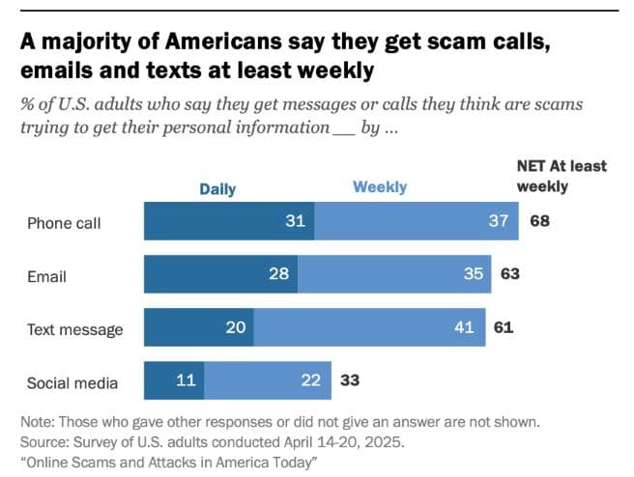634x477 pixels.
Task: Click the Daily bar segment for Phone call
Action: (229, 221)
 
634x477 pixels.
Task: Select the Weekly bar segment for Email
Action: (394, 274)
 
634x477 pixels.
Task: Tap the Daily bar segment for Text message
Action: (198, 327)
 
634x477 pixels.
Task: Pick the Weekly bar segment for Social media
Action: (267, 380)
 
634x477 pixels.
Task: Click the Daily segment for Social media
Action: (174, 380)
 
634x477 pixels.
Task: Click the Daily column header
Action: (217, 189)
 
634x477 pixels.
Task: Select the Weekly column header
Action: (380, 187)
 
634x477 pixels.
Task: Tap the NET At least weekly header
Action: (561, 176)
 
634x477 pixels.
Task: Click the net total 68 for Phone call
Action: (539, 221)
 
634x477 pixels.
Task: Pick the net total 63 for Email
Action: (510, 274)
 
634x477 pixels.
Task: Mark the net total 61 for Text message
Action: (504, 327)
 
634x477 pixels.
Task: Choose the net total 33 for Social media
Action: (349, 380)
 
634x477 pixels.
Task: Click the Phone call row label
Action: (64, 223)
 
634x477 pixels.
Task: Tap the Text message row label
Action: (74, 330)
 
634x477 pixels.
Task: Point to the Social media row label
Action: (72, 383)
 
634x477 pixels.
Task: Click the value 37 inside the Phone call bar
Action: (498, 221)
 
